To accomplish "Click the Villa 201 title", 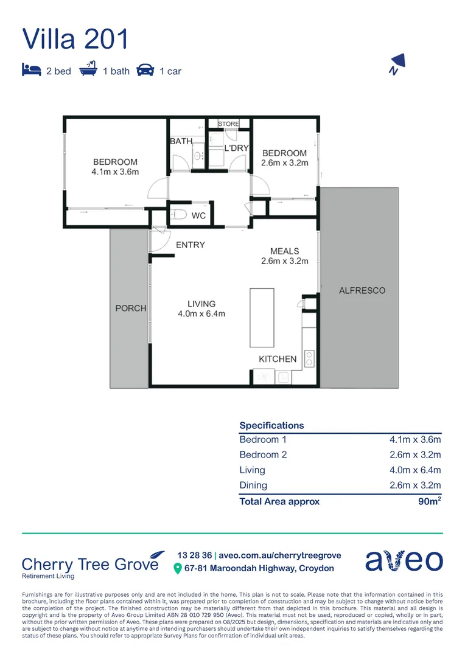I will point(75,38).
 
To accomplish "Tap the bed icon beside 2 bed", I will point(31,71).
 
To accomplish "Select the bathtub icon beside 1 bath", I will point(89,70).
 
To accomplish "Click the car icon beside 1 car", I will point(145,71).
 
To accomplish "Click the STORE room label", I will point(228,124).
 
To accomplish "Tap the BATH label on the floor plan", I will point(181,141).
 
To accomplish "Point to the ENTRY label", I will point(190,245).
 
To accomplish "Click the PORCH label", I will point(131,308).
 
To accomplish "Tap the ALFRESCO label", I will point(362,291).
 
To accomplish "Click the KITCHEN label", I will point(278,359).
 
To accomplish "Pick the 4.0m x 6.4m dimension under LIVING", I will point(201,314).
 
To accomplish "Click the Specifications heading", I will point(271,425).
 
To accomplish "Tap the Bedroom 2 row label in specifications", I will point(263,454).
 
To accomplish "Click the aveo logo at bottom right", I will point(404,560).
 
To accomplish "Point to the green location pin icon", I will point(178,569).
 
